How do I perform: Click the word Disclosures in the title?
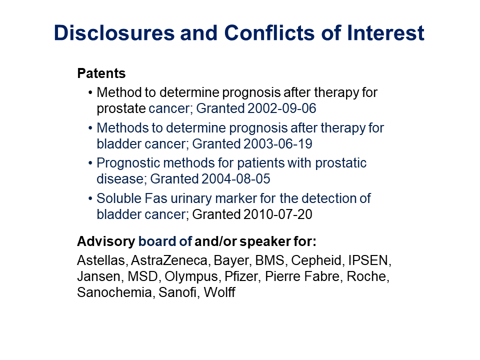(x=114, y=33)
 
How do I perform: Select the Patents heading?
(x=101, y=73)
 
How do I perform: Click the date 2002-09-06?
(x=281, y=108)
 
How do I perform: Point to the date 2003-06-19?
(x=277, y=144)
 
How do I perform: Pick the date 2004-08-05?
(x=235, y=179)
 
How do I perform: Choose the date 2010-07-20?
(x=277, y=214)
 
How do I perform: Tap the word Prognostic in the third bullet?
(x=128, y=163)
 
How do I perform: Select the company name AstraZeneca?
(x=169, y=260)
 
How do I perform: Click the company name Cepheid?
(x=316, y=260)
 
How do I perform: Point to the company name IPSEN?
(x=368, y=260)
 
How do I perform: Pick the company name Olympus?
(x=191, y=276)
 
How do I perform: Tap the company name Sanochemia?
(x=114, y=292)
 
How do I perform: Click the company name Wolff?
(x=219, y=292)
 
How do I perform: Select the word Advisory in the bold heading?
(x=106, y=241)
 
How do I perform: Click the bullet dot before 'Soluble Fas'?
(x=90, y=198)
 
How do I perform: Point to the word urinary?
(x=191, y=199)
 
